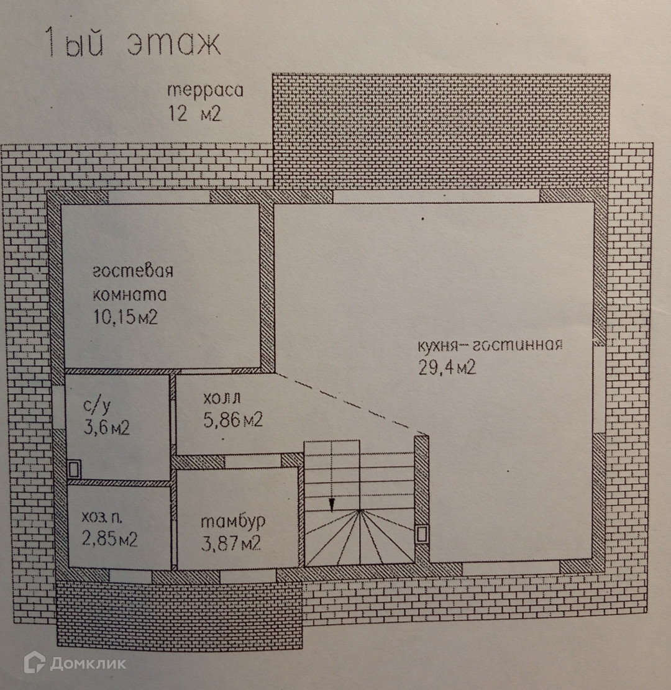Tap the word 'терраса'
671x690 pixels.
(x=205, y=91)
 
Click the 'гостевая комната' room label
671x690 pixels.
(x=132, y=283)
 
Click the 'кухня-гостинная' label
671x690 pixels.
(x=490, y=346)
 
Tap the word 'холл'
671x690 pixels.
(x=222, y=398)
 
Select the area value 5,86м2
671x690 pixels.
(x=232, y=420)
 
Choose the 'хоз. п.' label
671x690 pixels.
(x=103, y=517)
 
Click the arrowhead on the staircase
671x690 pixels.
(x=332, y=503)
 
